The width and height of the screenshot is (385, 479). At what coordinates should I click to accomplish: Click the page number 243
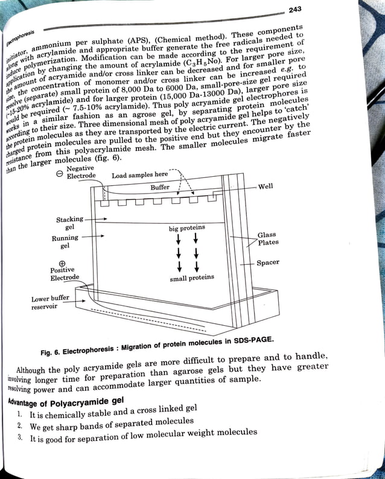(295, 9)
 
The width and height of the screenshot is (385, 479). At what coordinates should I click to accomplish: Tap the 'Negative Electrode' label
(80, 173)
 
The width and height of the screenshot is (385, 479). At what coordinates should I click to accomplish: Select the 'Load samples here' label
(140, 176)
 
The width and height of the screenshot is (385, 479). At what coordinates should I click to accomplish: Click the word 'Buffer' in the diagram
(160, 188)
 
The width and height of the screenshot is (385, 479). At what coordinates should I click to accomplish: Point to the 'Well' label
(266, 187)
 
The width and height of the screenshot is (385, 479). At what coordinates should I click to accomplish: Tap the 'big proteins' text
(187, 228)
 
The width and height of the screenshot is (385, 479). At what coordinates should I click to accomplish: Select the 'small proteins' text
(192, 278)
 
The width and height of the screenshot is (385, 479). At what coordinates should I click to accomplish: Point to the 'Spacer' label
(267, 263)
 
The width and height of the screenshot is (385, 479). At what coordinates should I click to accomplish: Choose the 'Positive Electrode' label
(65, 274)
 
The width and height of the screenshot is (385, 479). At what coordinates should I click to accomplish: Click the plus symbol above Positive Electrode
(62, 263)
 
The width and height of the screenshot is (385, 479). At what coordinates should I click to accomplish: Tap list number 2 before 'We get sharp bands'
(20, 426)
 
